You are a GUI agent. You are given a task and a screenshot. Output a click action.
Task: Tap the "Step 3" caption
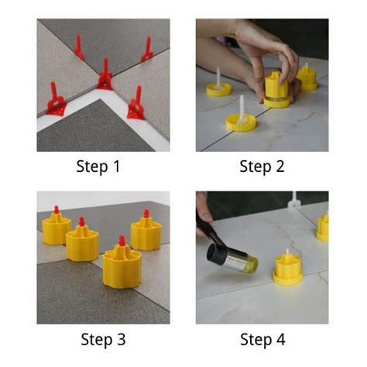(103, 338)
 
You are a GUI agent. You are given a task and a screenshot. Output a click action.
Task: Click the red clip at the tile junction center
(104, 77)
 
